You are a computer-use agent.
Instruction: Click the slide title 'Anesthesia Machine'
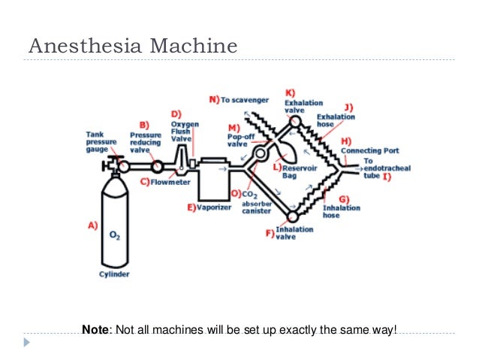point(133,47)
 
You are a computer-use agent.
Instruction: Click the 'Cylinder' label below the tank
point(114,274)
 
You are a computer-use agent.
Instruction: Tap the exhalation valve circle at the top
point(294,121)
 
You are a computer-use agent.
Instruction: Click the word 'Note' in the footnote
point(95,329)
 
